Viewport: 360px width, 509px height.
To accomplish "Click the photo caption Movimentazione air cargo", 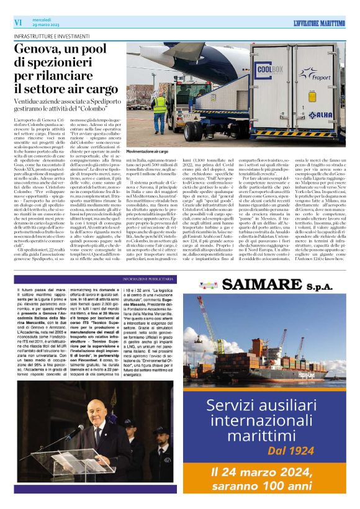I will [148, 151].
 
